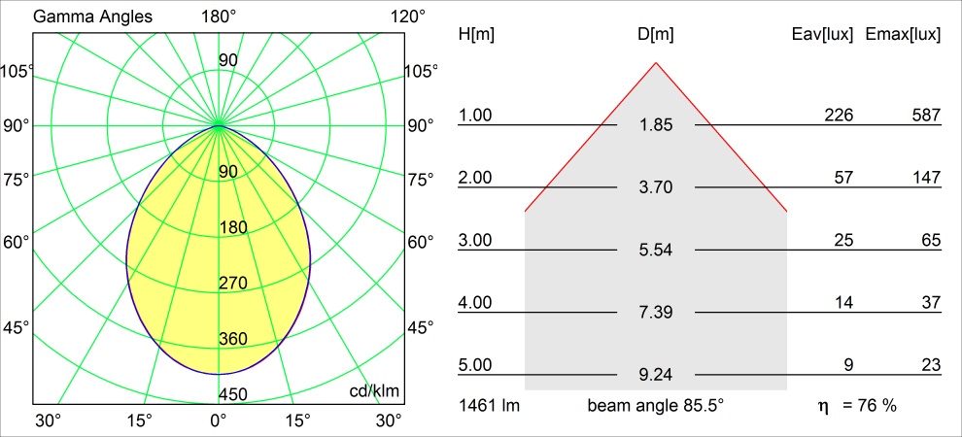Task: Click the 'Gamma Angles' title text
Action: pyautogui.click(x=81, y=17)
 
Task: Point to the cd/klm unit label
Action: pyautogui.click(x=375, y=390)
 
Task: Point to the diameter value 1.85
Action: pyautogui.click(x=656, y=124)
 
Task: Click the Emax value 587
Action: pyautogui.click(x=926, y=116)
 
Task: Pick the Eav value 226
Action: pyautogui.click(x=839, y=116)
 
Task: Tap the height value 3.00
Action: pyautogui.click(x=475, y=240)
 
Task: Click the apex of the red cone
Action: pyautogui.click(x=656, y=63)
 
